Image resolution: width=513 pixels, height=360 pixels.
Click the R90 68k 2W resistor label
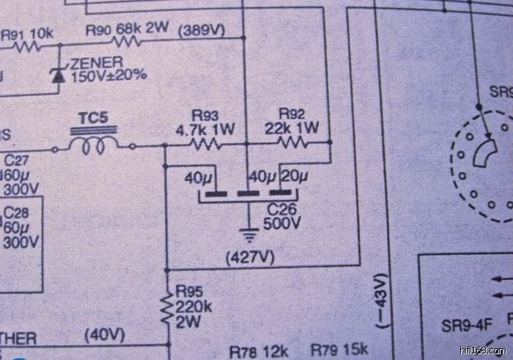coord(127,29)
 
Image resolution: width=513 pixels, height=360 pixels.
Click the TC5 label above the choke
coord(94,117)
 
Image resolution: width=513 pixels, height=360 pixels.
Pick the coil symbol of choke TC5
coord(94,147)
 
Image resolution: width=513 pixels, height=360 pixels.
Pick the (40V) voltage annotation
coord(105,337)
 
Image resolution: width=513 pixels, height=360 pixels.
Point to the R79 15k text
coord(339,349)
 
